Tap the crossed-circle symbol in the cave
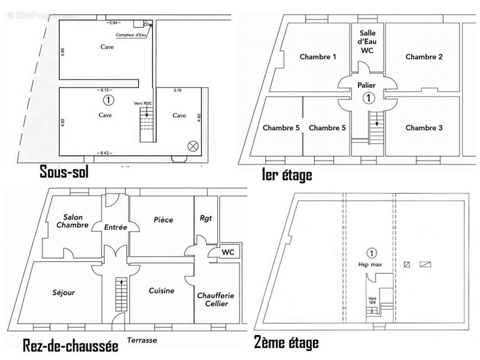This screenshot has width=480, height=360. (x=193, y=145)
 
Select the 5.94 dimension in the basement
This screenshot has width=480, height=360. (x=112, y=22)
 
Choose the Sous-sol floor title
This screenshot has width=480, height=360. (x=63, y=171)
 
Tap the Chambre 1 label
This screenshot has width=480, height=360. (x=318, y=57)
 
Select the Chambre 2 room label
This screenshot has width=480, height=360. (x=424, y=57)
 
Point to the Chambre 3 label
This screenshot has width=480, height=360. (x=424, y=128)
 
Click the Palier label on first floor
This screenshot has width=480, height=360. (x=367, y=85)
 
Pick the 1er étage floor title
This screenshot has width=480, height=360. (x=287, y=175)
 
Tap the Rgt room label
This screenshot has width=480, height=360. (x=205, y=218)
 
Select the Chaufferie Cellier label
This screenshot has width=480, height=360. (x=215, y=300)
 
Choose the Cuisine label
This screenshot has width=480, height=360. (x=161, y=291)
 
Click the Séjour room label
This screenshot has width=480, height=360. (x=63, y=292)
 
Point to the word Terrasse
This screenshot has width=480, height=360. (x=142, y=340)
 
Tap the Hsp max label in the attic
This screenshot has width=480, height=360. (x=371, y=265)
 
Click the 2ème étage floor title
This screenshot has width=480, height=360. (x=286, y=343)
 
